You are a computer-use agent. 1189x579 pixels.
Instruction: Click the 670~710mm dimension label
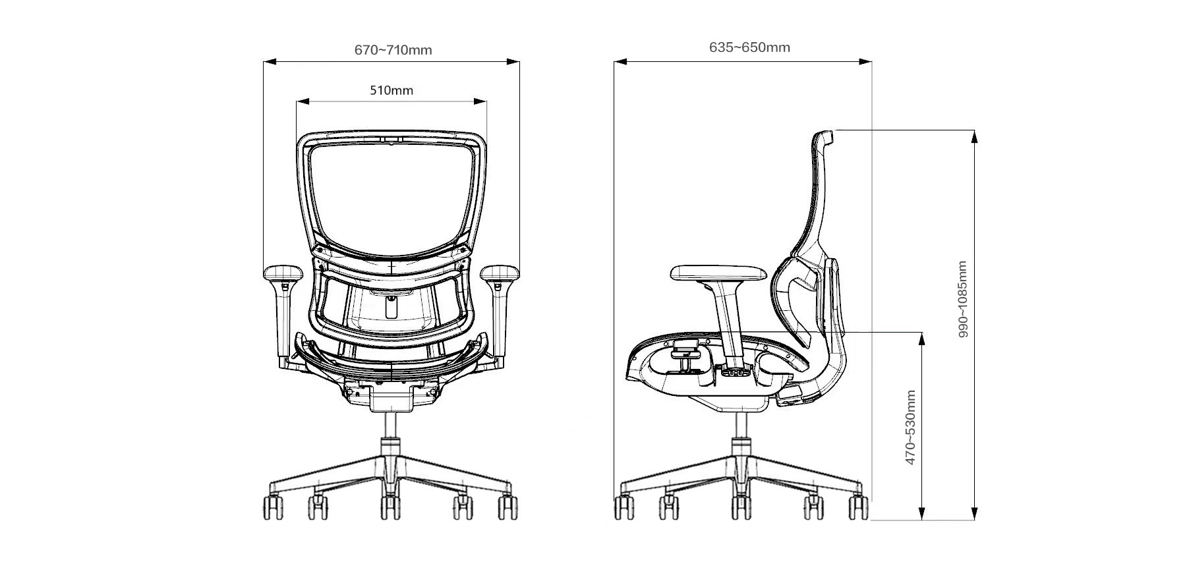pyautogui.click(x=393, y=50)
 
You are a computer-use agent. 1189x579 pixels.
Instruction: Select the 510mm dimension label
pyautogui.click(x=391, y=90)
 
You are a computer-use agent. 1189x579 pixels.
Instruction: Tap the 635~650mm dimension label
pyautogui.click(x=749, y=47)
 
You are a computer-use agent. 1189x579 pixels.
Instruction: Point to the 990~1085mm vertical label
pyautogui.click(x=963, y=299)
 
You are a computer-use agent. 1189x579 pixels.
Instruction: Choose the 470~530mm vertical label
pyautogui.click(x=910, y=427)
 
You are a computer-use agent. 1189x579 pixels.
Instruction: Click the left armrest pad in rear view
pyautogui.click(x=282, y=273)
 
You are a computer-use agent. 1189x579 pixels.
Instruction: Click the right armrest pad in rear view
pyautogui.click(x=500, y=273)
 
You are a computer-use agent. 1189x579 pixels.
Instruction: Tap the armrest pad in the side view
pyautogui.click(x=718, y=272)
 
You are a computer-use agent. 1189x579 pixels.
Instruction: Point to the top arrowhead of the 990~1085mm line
pyautogui.click(x=974, y=136)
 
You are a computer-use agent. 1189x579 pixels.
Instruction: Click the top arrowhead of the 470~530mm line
pyautogui.click(x=922, y=338)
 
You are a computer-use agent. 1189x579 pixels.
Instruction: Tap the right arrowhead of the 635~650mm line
pyautogui.click(x=865, y=62)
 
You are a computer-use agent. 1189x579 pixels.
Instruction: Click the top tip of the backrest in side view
pyautogui.click(x=824, y=132)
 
